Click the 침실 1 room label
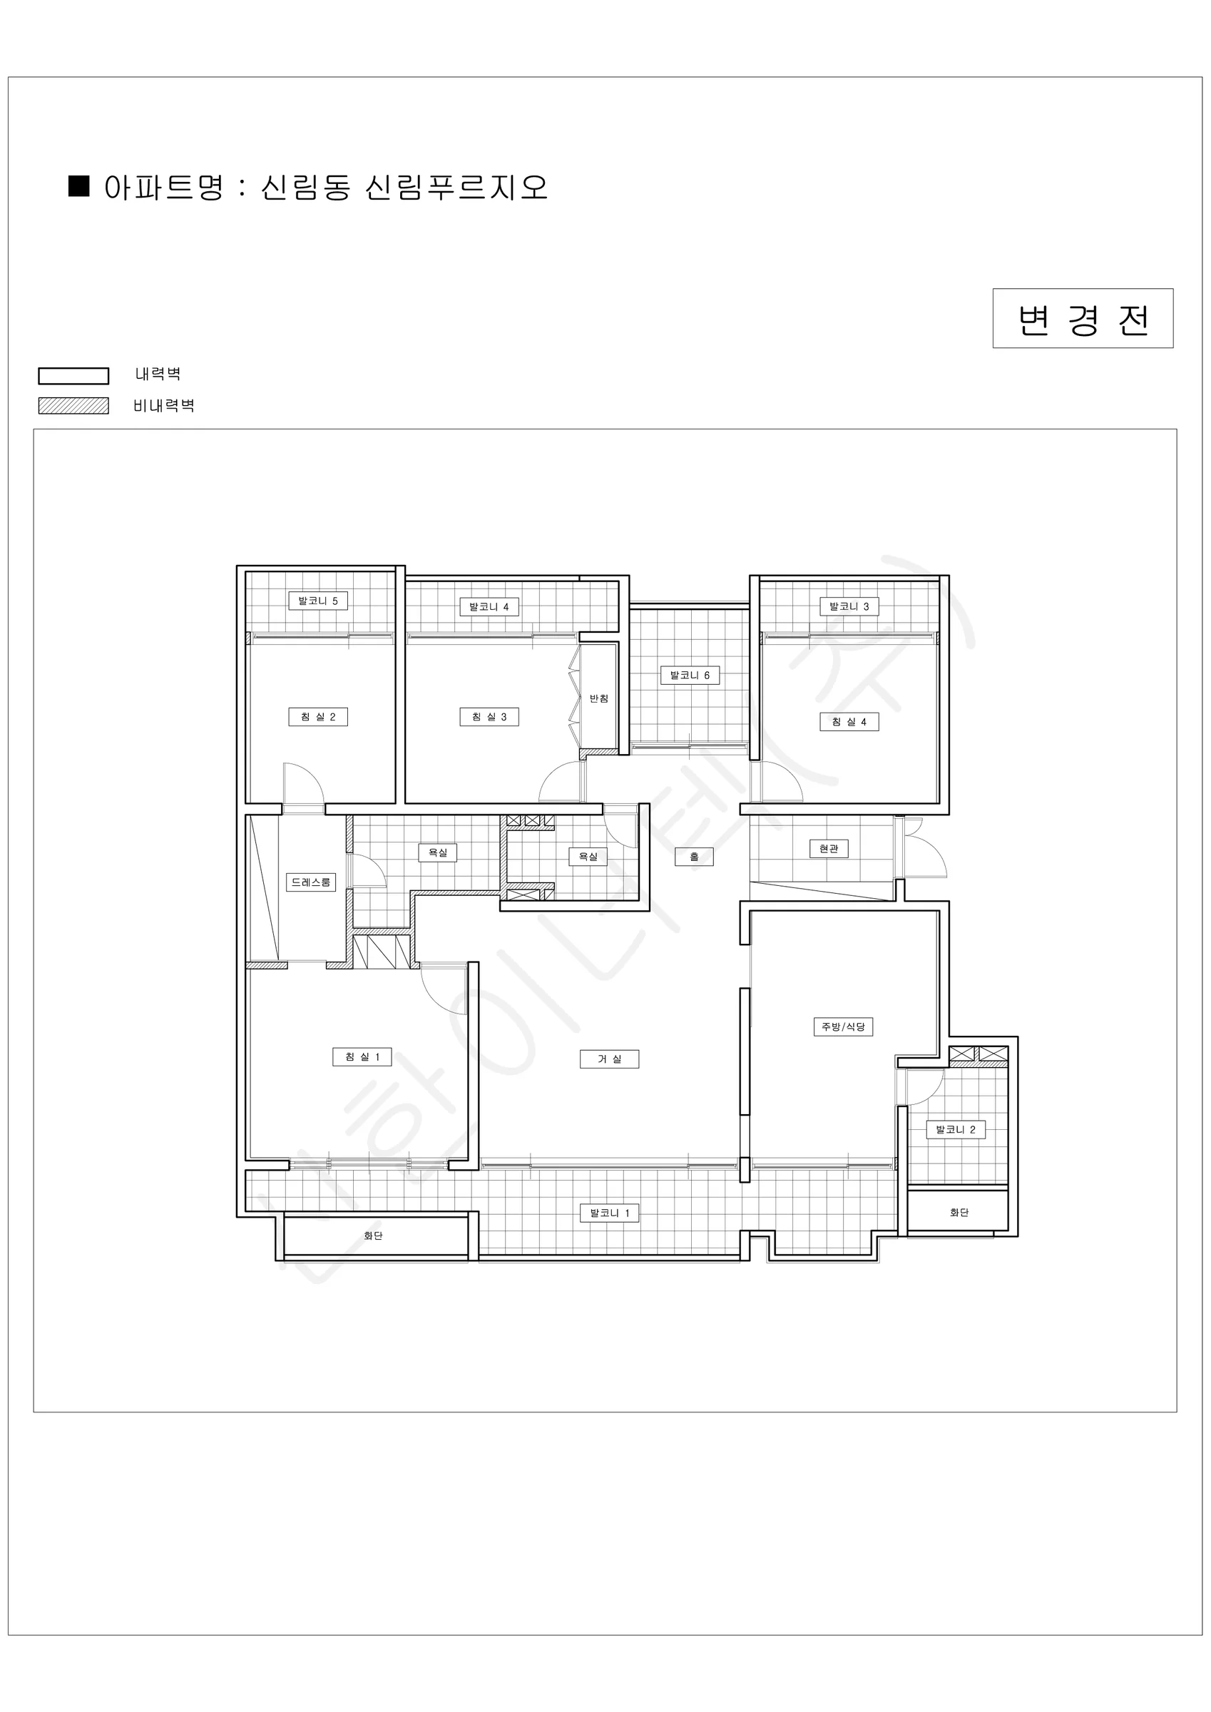[362, 1056]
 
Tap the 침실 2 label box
[318, 717]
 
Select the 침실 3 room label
[489, 717]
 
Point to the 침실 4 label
[849, 722]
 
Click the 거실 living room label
[609, 1059]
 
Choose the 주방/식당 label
[842, 1026]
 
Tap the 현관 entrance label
[829, 849]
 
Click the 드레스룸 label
[311, 882]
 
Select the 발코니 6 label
[690, 676]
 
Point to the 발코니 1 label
[609, 1213]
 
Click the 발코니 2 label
[955, 1130]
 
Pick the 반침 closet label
[599, 698]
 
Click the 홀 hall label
[694, 857]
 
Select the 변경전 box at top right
[1083, 318]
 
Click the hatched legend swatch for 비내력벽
[74, 406]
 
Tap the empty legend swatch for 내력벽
[74, 376]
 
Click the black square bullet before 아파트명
[79, 185]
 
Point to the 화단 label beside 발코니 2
[959, 1213]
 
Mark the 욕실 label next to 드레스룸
[438, 852]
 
